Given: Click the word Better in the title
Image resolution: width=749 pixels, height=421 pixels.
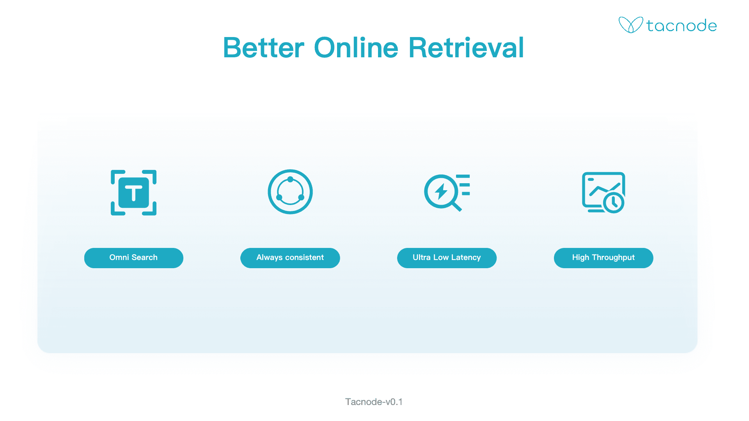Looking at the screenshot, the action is pyautogui.click(x=264, y=48).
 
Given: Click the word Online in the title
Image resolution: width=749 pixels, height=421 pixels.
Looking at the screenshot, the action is pyautogui.click(x=356, y=48).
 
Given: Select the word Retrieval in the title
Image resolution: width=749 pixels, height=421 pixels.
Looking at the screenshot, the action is pyautogui.click(x=466, y=48).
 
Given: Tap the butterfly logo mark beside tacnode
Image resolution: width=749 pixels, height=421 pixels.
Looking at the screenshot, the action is pyautogui.click(x=630, y=25).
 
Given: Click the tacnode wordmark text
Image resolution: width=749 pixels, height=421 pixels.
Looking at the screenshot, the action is pyautogui.click(x=682, y=26).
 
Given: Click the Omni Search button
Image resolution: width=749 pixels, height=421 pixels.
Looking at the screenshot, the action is pyautogui.click(x=134, y=258).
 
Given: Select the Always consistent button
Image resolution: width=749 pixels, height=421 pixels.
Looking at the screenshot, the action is pyautogui.click(x=290, y=258).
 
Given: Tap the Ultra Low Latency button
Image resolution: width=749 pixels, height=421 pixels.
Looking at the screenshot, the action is pyautogui.click(x=447, y=258).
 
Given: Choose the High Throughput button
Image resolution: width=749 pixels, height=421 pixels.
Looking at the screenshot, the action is pyautogui.click(x=603, y=258).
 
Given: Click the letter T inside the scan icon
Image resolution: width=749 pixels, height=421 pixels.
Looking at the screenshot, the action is pyautogui.click(x=134, y=193).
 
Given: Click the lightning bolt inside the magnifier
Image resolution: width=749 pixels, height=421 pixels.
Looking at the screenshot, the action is pyautogui.click(x=441, y=191).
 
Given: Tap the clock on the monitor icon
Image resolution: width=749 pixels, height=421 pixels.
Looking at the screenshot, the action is pyautogui.click(x=614, y=202).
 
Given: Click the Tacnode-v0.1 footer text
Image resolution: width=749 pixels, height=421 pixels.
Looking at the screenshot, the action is pyautogui.click(x=374, y=402).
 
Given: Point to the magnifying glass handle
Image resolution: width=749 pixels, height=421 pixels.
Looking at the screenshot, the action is pyautogui.click(x=456, y=206).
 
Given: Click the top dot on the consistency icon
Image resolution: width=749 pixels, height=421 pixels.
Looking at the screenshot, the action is pyautogui.click(x=290, y=179).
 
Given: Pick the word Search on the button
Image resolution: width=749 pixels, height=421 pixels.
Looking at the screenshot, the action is pyautogui.click(x=144, y=258).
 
